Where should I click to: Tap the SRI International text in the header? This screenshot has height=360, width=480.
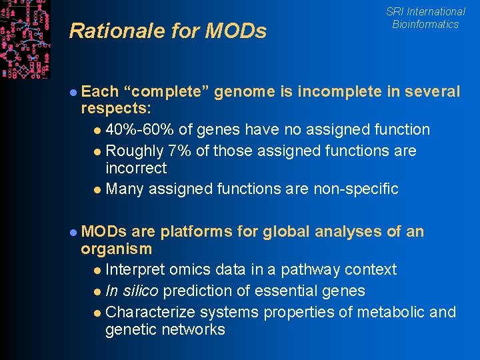coord(425,11)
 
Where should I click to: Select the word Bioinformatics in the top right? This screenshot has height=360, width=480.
coord(425,24)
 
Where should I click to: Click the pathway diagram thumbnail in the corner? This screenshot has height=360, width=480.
coord(25,39)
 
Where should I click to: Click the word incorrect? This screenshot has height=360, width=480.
coord(136,168)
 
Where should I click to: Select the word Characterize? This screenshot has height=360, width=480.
coord(149,312)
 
